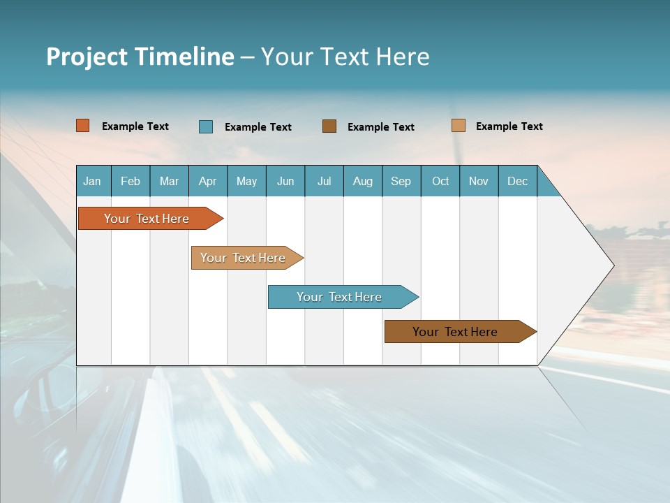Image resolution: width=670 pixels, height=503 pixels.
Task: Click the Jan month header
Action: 92,181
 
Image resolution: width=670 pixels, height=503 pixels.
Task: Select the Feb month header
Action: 131,181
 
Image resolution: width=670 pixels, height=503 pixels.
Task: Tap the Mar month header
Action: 169,181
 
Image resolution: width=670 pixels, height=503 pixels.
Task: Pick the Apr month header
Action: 208,181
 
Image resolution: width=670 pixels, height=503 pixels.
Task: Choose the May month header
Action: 246,181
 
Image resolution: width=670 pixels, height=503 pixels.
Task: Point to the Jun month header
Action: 285,181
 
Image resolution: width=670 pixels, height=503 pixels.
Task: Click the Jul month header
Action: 324,181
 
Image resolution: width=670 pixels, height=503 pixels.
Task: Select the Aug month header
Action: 363,181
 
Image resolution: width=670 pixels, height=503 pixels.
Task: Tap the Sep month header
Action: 401,181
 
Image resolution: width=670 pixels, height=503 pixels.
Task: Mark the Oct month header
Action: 440,181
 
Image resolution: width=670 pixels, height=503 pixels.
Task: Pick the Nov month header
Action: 479,181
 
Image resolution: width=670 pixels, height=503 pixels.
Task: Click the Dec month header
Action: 518,181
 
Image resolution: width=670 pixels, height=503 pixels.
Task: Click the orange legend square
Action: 83,126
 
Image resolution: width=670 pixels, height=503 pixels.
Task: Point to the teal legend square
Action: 206,126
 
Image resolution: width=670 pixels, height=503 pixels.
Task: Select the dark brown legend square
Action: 329,126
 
